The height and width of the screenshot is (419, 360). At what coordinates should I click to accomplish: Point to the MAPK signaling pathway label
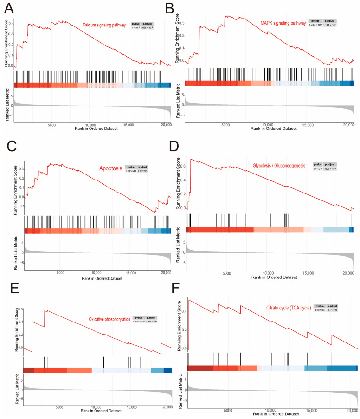pos(283,21)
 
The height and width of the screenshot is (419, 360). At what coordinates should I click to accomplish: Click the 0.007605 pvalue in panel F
pos(320,310)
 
